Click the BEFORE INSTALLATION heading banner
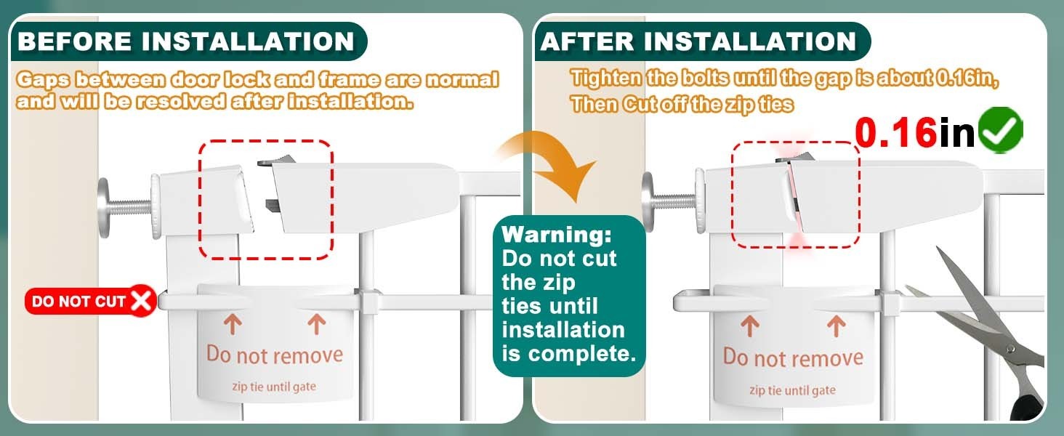coord(188,41)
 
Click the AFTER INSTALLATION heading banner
coord(703,41)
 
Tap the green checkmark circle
coord(1001,129)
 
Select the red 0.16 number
coord(896,132)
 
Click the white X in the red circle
coord(141,301)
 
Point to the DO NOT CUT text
coord(78,302)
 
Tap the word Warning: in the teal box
coord(557,235)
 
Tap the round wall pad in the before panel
coord(103,208)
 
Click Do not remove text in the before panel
coord(275,355)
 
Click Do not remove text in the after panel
coord(793,358)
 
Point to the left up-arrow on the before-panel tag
coord(233,324)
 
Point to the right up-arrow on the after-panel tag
coord(837,327)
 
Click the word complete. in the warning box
coord(582,355)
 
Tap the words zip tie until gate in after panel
coord(792,390)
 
